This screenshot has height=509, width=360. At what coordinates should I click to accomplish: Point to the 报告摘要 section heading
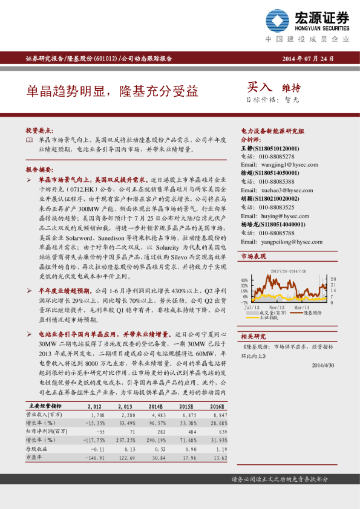click(41, 169)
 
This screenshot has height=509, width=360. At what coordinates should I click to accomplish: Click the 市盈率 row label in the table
click(35, 458)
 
